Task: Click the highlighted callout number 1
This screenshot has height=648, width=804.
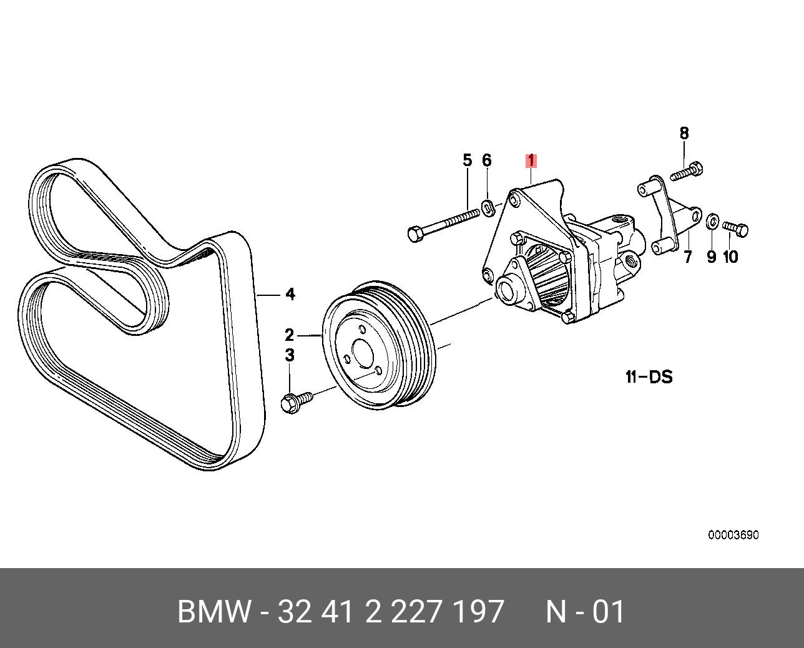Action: (x=531, y=161)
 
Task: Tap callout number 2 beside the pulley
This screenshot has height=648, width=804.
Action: (x=290, y=335)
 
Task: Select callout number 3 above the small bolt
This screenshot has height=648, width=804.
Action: (x=290, y=355)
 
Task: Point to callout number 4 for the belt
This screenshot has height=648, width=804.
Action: (x=290, y=294)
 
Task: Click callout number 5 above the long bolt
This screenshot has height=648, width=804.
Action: (x=468, y=160)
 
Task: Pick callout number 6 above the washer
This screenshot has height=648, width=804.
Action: (x=487, y=160)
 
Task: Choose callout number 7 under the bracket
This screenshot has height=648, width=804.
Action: (x=687, y=257)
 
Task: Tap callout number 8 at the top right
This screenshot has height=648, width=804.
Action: (x=684, y=133)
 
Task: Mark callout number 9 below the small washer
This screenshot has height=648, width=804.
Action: (x=711, y=257)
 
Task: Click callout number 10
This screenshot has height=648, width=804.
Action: (x=730, y=257)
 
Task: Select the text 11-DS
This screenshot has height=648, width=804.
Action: (x=649, y=377)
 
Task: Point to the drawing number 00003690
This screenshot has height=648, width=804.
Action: (x=733, y=535)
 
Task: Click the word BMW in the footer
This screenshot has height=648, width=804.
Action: (x=214, y=612)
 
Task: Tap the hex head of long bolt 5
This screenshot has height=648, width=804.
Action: (x=416, y=235)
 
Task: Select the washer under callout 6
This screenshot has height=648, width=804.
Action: (x=488, y=206)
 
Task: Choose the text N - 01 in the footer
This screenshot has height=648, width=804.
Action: (x=585, y=612)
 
